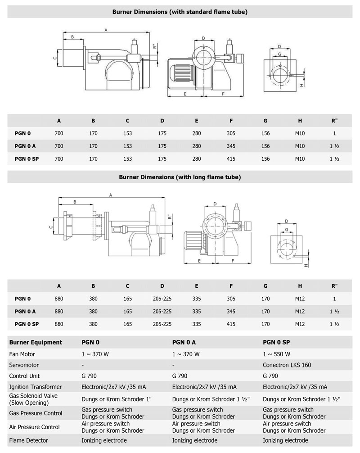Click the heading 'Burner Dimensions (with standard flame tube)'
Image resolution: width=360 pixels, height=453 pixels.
coord(180,12)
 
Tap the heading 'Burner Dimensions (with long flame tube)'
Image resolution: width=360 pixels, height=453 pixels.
coord(180,177)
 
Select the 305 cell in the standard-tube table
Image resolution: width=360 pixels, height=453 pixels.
coord(231,133)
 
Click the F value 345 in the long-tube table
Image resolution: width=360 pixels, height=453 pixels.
coord(231,311)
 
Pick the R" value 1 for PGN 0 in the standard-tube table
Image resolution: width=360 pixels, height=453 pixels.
coord(334,133)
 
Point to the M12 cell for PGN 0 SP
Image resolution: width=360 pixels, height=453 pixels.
coord(300,324)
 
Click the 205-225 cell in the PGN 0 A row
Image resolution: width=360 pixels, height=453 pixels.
coord(162,311)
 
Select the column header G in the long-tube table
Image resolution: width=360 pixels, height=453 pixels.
coord(265,285)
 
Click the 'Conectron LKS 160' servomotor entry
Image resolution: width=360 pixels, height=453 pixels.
coord(287,365)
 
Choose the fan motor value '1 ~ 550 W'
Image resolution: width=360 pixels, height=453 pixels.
coord(276,354)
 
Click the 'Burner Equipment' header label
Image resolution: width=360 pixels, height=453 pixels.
coord(36,342)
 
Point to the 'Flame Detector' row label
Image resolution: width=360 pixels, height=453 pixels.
coord(28,440)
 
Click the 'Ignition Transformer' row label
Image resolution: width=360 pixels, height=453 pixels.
coord(35,387)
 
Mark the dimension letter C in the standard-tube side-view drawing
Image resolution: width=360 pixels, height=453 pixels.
coord(54,58)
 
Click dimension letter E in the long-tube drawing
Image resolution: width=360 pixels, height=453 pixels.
coord(198,261)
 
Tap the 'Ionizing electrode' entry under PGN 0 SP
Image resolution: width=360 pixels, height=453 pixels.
coord(285,440)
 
